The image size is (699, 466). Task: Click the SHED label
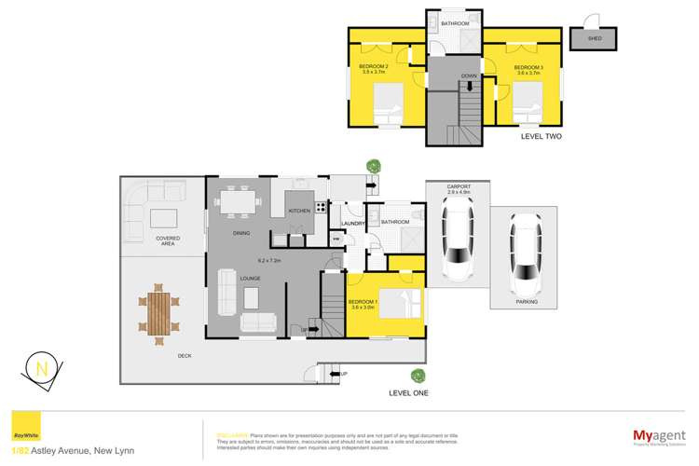[593, 40]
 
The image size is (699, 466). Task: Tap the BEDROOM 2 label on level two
[373, 67]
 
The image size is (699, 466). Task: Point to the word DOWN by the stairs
[470, 76]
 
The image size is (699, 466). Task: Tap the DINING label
[241, 233]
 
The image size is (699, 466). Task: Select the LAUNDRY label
[352, 223]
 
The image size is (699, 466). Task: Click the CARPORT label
[459, 187]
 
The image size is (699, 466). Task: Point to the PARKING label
[526, 302]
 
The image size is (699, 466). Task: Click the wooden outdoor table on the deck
[160, 311]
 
